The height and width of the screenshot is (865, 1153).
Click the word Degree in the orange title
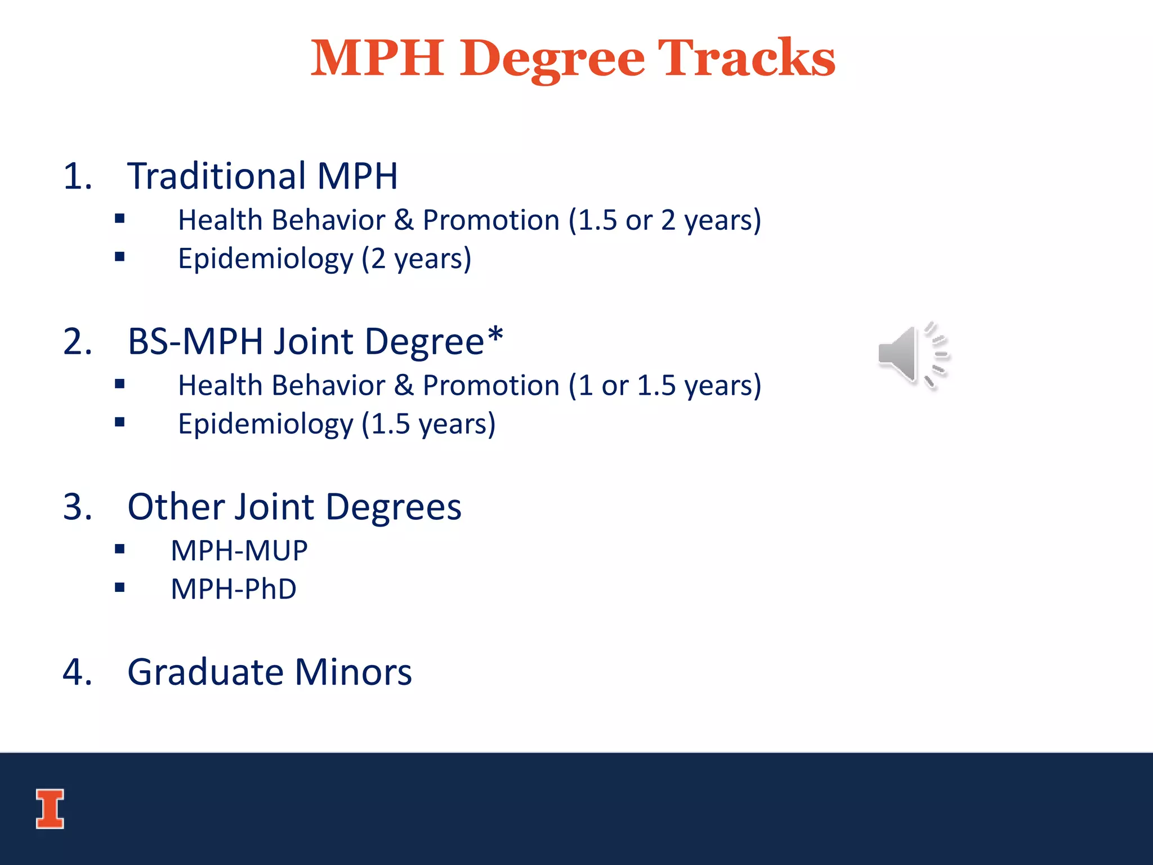[x=552, y=59]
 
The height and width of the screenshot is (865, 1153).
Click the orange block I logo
[x=50, y=809]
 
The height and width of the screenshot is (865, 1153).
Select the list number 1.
[x=77, y=176]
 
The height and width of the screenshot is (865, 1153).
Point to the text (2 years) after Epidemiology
[x=416, y=259]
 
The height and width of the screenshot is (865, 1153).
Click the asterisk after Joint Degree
[x=495, y=336]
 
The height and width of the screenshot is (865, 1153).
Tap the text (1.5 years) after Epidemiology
[x=428, y=424]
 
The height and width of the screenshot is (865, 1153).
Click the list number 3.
[x=77, y=507]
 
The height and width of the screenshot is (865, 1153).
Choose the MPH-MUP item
[x=239, y=551]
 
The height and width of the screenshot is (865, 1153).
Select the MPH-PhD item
[x=234, y=589]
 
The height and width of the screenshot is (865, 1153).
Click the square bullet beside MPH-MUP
[x=119, y=549]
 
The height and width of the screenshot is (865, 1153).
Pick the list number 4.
[x=77, y=672]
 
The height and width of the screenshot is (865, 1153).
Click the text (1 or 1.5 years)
[x=664, y=386]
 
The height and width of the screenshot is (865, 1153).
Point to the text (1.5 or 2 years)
[x=664, y=220]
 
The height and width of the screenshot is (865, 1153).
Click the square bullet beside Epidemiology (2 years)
[x=119, y=257]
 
